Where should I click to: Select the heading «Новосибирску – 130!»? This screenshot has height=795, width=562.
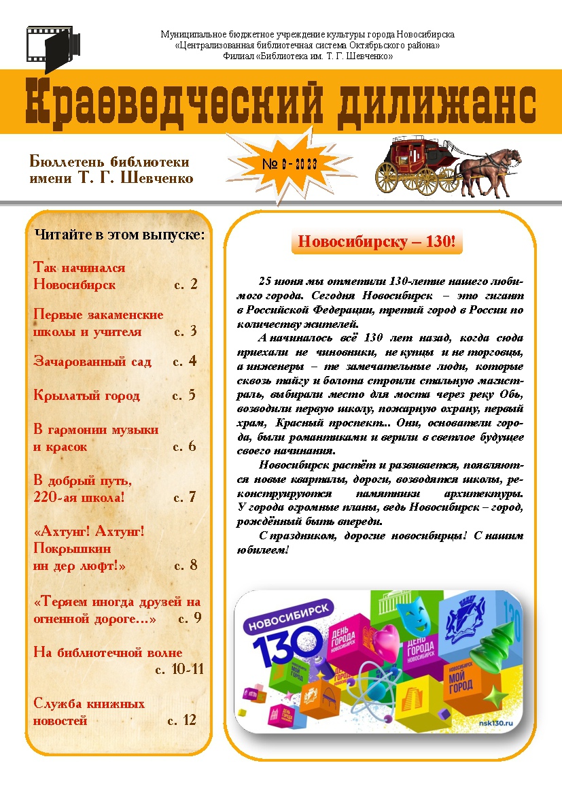coord(376,242)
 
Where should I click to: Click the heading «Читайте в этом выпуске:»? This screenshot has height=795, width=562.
coord(119,235)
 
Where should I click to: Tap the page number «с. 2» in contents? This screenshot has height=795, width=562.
coord(186,284)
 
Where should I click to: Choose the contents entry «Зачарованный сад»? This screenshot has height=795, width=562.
coord(92,362)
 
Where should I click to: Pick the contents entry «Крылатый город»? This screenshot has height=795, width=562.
coord(86,396)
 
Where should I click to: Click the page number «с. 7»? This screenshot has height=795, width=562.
coord(185,497)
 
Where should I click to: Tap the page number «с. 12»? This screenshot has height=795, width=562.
coord(181,720)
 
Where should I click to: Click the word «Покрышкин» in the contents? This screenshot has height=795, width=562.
coord(72,548)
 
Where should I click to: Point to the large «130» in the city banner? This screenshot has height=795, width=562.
coord(289,642)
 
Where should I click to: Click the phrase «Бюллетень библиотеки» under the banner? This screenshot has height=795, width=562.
coord(109,162)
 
